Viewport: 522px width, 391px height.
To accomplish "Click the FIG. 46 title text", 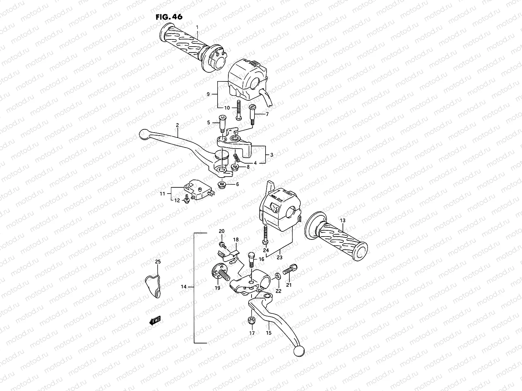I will [169, 17].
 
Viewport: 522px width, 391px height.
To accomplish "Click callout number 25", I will [158, 262].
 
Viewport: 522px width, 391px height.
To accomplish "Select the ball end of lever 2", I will [144, 134].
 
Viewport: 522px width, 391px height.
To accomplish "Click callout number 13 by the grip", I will [342, 221].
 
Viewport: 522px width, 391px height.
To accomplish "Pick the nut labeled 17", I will [252, 320].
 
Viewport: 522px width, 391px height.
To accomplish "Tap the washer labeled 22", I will [277, 276].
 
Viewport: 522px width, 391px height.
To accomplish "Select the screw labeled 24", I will [265, 234].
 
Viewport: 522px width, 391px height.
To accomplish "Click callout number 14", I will [183, 287].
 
